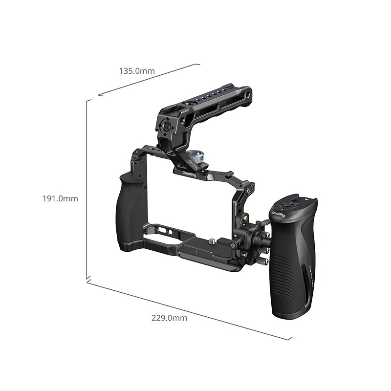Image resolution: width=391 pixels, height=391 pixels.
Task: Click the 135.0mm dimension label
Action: [x=137, y=71]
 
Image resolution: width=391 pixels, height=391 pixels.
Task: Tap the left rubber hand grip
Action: [x=130, y=211]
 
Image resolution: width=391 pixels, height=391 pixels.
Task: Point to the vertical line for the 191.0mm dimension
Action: [x=87, y=191]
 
